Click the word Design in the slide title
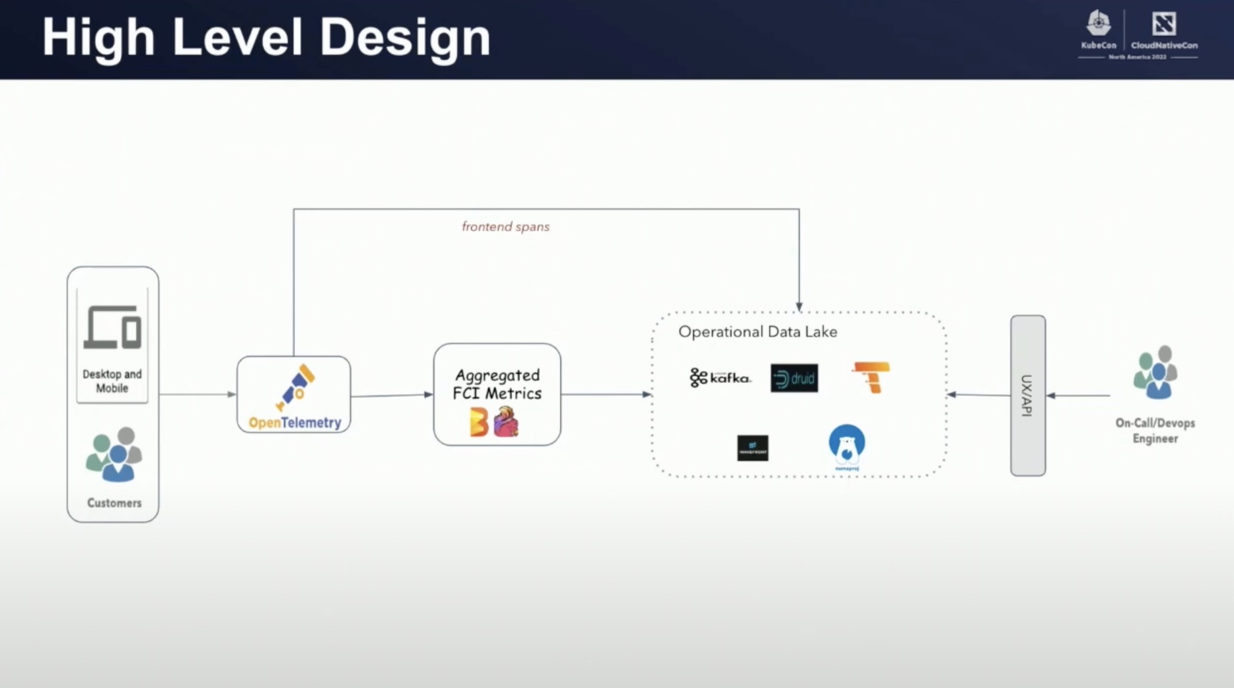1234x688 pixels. click(x=404, y=38)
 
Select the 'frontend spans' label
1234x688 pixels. click(x=505, y=226)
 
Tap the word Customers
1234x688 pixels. click(x=114, y=503)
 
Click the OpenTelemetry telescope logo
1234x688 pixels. click(x=296, y=387)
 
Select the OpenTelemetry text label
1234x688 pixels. click(x=295, y=423)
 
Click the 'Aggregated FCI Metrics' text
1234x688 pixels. click(x=497, y=384)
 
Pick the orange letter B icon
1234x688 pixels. click(x=478, y=422)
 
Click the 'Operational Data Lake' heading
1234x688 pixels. click(x=758, y=331)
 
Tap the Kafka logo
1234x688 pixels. click(x=720, y=378)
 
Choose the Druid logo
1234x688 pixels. click(x=794, y=378)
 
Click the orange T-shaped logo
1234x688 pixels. click(x=872, y=377)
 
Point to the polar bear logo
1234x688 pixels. click(x=847, y=445)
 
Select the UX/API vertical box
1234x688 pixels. click(x=1028, y=396)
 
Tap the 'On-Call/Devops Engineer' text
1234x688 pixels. click(x=1155, y=430)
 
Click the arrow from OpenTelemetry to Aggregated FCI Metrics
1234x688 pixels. click(x=392, y=396)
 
